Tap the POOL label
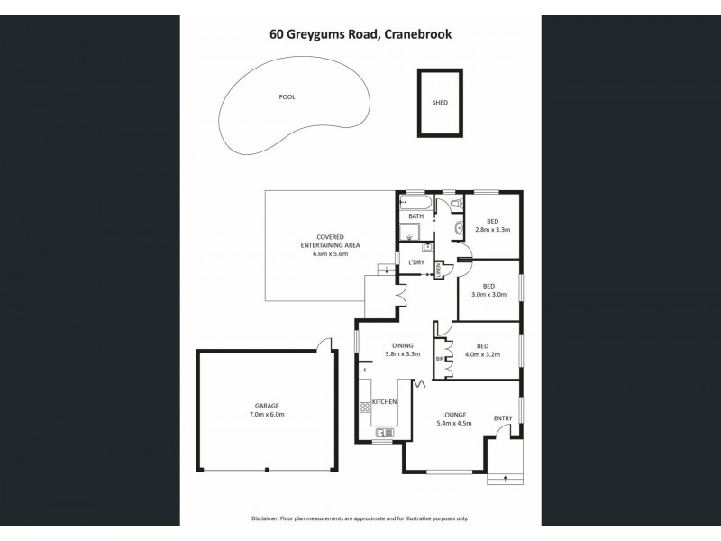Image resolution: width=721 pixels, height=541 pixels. [x=287, y=96]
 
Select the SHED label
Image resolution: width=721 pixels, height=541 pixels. [x=440, y=103]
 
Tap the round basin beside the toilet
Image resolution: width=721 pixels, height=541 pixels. [x=458, y=226]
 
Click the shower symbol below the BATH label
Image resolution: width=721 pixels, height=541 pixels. [x=412, y=235]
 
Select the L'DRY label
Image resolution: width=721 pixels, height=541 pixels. [x=415, y=262]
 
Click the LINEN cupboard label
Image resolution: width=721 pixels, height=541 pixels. [x=439, y=269]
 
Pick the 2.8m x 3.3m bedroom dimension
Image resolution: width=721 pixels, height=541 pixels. [x=493, y=230]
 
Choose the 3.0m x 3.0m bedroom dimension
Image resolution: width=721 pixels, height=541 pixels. [x=488, y=294]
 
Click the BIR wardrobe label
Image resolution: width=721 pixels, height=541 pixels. [x=441, y=359]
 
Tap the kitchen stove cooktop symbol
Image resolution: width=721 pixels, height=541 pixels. [x=366, y=407]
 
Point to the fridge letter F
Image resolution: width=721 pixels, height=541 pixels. [x=365, y=370]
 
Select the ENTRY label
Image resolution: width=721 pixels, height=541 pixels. [x=502, y=417]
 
